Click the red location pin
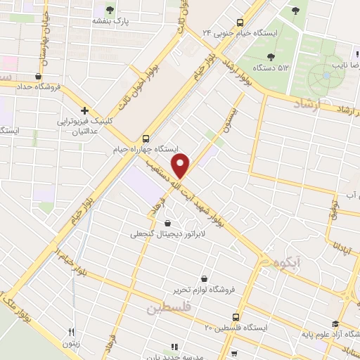pyautogui.click(x=181, y=165)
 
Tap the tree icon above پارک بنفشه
pyautogui.click(x=109, y=10)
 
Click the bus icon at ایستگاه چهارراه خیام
pyautogui.click(x=146, y=138)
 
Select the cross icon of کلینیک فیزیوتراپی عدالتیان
pyautogui.click(x=84, y=110)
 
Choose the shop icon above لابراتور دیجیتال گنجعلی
pyautogui.click(x=167, y=223)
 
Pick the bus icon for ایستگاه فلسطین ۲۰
pyautogui.click(x=236, y=317)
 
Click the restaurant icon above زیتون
pyautogui.click(x=71, y=332)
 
